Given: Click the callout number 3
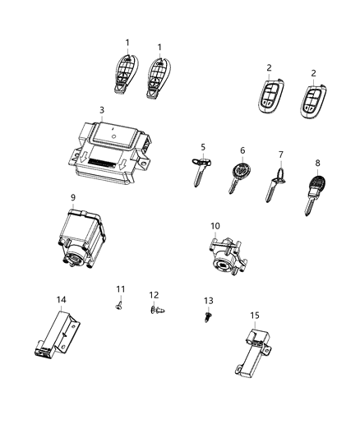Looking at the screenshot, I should pyautogui.click(x=101, y=110).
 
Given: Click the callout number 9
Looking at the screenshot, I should pyautogui.click(x=73, y=197).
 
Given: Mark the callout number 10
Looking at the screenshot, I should pyautogui.click(x=215, y=225).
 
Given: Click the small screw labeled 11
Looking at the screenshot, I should pyautogui.click(x=120, y=304).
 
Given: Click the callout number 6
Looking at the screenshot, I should pyautogui.click(x=242, y=151).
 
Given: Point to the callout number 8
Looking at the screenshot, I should pyautogui.click(x=317, y=163).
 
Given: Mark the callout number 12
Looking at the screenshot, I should pyautogui.click(x=154, y=294).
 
